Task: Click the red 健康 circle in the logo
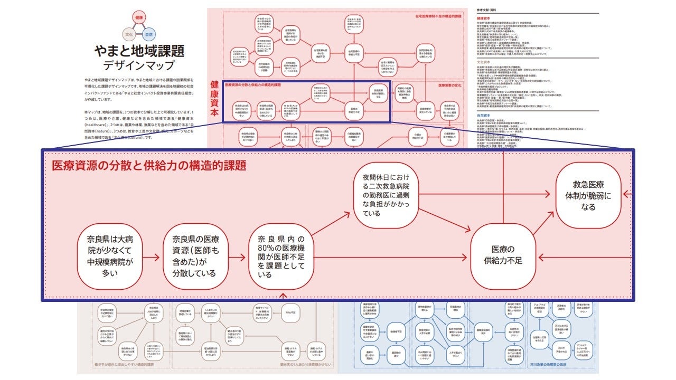[139, 18]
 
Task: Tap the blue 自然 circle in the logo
[149, 34]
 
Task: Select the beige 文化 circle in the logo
[129, 34]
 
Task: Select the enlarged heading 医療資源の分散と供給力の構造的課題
[149, 165]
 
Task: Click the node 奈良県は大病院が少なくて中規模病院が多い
[110, 257]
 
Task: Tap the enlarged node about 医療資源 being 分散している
[194, 257]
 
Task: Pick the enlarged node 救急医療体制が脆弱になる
[588, 195]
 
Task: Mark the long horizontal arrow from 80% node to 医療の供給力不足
[391, 258]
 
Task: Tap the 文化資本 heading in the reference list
[485, 62]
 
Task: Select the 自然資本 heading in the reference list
[485, 114]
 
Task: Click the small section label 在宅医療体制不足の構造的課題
[438, 16]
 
